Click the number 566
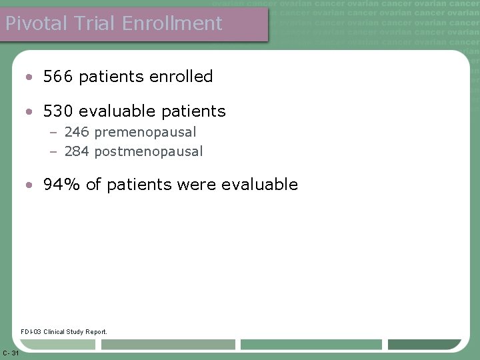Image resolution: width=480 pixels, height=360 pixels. pos(58,77)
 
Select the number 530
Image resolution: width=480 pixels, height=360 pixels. pos(58,111)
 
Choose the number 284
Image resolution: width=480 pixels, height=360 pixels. pos(77,151)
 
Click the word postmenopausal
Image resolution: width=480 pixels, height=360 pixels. pos(149,151)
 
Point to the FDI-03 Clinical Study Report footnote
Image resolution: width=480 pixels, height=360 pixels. pos(63,331)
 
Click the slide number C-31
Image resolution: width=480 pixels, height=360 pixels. pos(10,353)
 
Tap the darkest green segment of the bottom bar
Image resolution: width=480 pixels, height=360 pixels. pos(424,345)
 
